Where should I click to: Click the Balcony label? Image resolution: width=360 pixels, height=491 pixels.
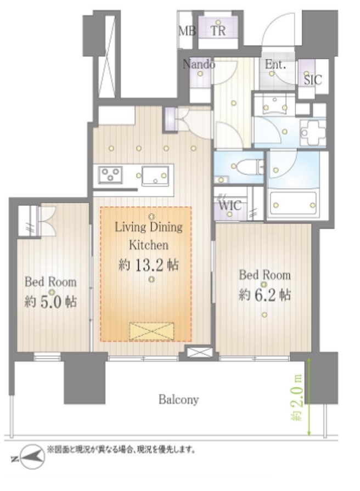click(x=178, y=399)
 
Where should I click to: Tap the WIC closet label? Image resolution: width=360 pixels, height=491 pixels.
click(x=230, y=205)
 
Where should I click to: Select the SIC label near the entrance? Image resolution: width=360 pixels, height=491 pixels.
click(x=313, y=80)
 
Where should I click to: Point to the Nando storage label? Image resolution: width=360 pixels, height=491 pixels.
click(x=199, y=64)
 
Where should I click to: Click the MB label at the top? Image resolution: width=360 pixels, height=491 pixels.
click(x=187, y=31)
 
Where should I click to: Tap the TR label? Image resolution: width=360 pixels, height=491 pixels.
click(x=218, y=31)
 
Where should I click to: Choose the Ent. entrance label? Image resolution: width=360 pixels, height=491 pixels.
click(x=275, y=65)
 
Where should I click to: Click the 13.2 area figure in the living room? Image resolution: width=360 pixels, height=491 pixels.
click(x=149, y=265)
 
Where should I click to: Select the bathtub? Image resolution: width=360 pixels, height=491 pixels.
click(x=294, y=205)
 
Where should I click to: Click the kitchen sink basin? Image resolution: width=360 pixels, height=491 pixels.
click(x=155, y=176)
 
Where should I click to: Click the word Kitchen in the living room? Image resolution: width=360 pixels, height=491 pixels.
click(x=149, y=245)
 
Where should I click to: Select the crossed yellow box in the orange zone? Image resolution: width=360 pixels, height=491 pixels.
click(x=152, y=331)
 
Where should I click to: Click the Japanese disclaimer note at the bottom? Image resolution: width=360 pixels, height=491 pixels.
click(x=121, y=450)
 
